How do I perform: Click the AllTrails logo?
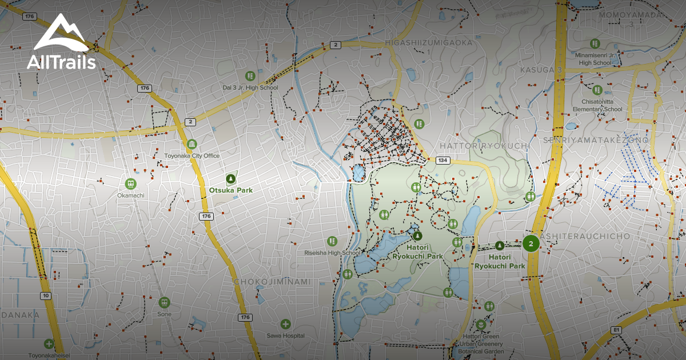click(61, 42)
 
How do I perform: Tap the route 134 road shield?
click(442, 161)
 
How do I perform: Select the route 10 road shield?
click(45, 295)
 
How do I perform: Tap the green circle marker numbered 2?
click(531, 244)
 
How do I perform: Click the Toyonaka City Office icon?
click(192, 144)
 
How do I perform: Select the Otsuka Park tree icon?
click(230, 178)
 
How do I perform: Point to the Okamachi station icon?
click(130, 183)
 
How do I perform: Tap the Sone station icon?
click(164, 302)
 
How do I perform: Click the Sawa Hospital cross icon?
click(285, 324)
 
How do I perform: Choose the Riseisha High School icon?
click(332, 242)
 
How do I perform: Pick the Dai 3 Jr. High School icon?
click(250, 75)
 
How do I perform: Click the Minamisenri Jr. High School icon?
click(595, 43)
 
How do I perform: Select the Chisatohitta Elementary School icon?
click(597, 90)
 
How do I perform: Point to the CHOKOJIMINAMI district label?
click(272, 282)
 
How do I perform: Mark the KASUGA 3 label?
click(541, 70)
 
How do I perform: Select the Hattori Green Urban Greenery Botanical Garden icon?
click(481, 325)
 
